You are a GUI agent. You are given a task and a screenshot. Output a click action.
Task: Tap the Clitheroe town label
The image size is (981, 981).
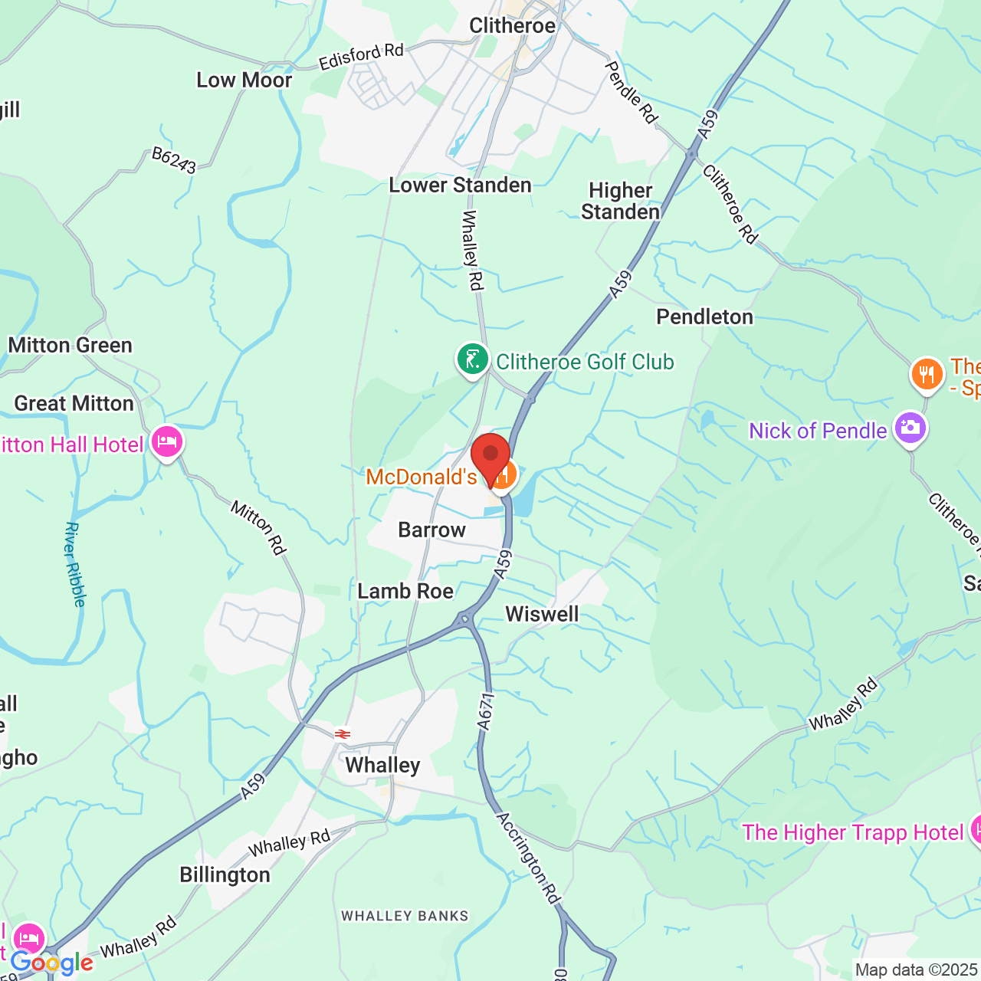click(512, 26)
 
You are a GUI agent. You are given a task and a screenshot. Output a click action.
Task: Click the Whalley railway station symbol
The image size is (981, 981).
click(343, 734)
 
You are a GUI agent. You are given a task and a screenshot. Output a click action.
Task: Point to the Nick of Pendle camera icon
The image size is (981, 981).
click(910, 428)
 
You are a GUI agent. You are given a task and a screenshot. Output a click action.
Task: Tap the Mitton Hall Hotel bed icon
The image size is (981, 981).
click(167, 442)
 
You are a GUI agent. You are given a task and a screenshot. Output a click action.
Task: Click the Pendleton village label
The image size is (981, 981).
click(704, 317)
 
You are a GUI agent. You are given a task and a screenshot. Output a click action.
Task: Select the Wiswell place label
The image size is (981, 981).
click(542, 615)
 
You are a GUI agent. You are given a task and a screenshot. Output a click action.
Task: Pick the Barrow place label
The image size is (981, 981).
click(431, 530)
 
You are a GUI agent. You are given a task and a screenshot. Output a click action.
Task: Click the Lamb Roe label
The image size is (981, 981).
click(405, 592)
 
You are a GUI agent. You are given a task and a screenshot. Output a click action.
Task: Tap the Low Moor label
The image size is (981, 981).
click(244, 80)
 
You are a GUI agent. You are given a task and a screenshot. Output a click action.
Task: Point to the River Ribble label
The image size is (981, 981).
click(74, 564)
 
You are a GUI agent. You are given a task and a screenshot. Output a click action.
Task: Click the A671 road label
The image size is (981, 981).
click(486, 710)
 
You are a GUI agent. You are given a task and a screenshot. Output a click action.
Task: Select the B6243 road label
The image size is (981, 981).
click(174, 160)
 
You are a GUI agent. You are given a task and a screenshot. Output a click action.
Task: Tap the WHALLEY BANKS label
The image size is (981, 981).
click(405, 916)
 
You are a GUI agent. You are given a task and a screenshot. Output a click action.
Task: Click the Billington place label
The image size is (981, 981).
click(225, 875)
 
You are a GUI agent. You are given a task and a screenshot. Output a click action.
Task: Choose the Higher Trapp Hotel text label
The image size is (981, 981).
click(852, 832)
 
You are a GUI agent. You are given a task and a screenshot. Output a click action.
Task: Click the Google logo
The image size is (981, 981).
click(51, 963)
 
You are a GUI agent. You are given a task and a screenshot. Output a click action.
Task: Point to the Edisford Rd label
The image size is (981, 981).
click(361, 57)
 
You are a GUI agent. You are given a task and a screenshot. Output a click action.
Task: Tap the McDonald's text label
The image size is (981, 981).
click(422, 477)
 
